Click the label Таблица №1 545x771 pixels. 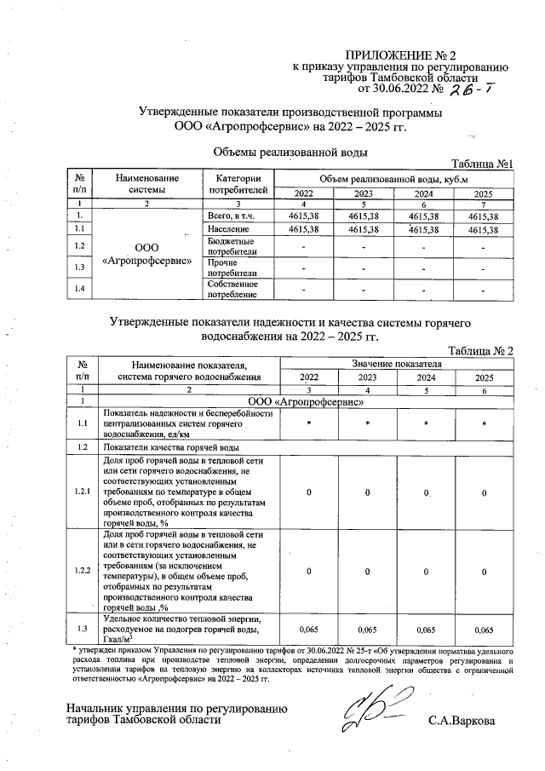point(481,164)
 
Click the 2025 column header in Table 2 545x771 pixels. point(484,377)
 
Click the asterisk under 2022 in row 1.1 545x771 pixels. point(309,423)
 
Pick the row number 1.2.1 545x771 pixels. point(82,492)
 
